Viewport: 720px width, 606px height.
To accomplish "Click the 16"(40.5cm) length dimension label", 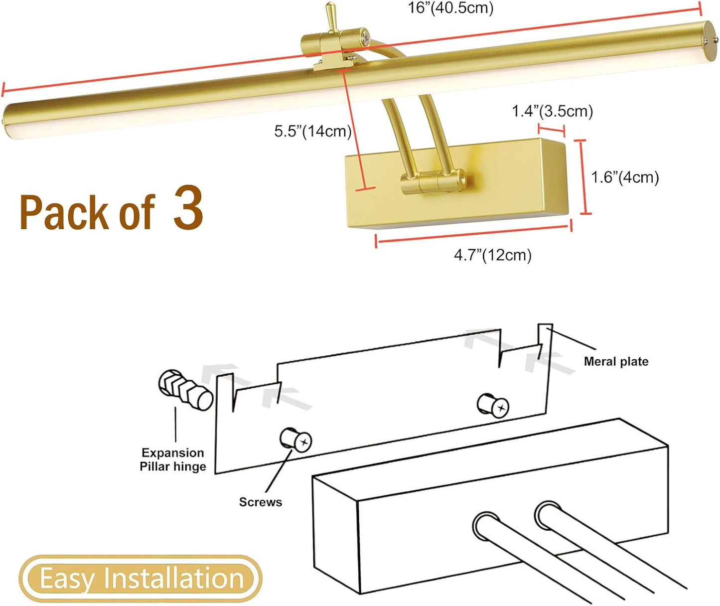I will (x=450, y=8).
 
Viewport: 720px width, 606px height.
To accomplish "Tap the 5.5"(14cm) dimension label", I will (x=312, y=131).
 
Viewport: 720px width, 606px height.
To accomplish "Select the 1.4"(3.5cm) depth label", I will (x=552, y=111).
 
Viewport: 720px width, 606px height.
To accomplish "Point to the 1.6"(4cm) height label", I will (x=625, y=177).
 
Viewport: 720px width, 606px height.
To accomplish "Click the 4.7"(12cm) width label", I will (x=492, y=255).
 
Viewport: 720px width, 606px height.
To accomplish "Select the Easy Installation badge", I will (x=141, y=579).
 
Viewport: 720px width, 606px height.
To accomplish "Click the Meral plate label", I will (x=616, y=361).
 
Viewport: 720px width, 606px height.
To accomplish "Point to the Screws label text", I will (x=260, y=502).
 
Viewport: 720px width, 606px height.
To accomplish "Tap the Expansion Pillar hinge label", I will (x=173, y=459).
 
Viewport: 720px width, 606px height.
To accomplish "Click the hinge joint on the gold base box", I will (x=433, y=183).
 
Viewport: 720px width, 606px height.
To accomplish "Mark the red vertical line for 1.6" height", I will (x=582, y=177).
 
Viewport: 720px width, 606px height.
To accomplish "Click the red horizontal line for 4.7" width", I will (x=473, y=235).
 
